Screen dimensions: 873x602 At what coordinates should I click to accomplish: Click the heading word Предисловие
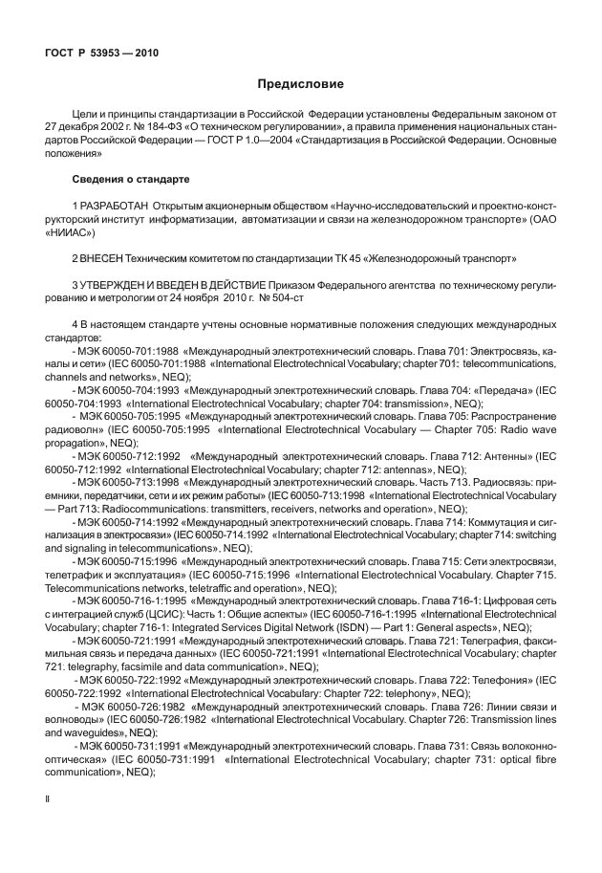[301, 83]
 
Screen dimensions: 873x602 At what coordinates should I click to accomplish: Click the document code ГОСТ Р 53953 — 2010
[100, 53]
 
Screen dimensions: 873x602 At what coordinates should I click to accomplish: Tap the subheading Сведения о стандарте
[131, 179]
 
